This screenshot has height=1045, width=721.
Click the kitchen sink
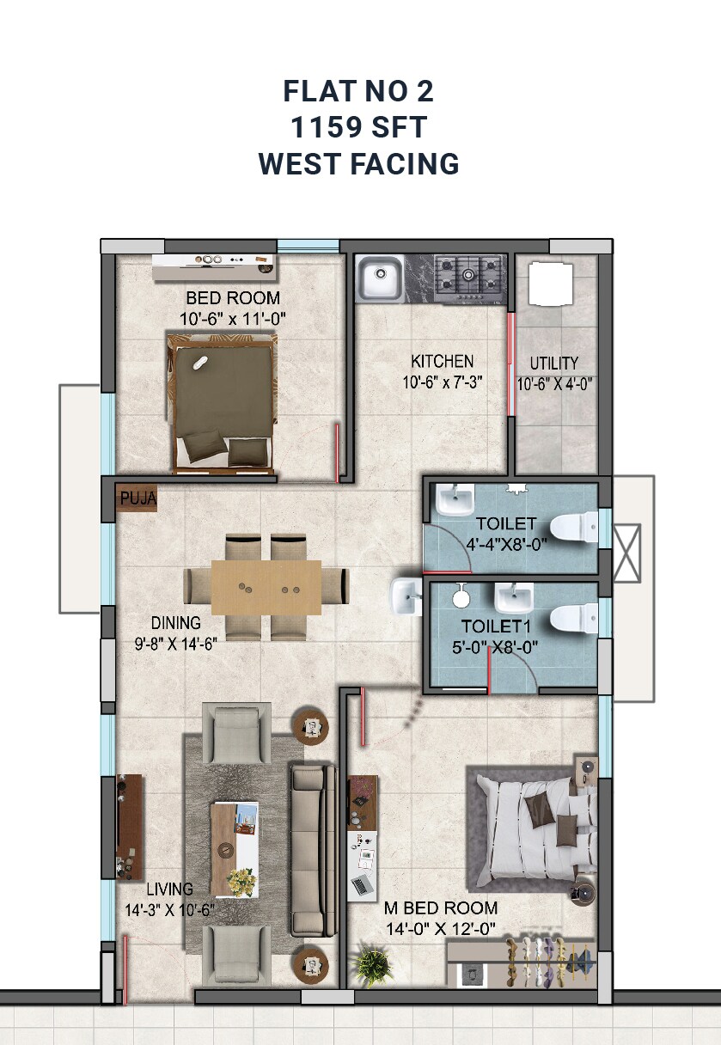point(379,278)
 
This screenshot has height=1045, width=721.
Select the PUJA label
point(136,498)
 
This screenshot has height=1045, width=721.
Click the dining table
point(266,587)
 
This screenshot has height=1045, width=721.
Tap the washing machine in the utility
point(550,284)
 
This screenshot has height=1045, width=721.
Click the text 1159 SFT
point(359,128)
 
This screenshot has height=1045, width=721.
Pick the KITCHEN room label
point(442,361)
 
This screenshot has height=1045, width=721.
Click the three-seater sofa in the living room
point(311,850)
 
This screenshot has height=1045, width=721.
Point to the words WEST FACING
point(359,163)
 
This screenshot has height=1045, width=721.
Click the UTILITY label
point(553,363)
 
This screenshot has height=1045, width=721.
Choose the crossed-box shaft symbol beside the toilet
point(626,553)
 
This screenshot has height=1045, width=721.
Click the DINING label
point(175,623)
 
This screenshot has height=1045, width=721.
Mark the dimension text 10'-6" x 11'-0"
point(233,318)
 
